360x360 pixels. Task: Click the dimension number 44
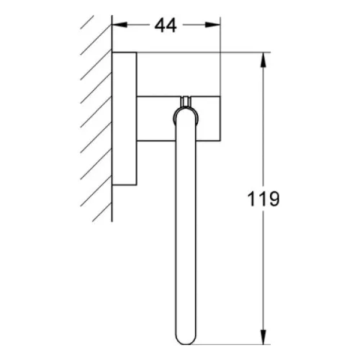(x=166, y=25)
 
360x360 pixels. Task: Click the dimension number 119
(x=264, y=199)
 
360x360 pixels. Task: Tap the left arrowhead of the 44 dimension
(x=120, y=24)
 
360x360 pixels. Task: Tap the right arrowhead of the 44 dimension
(x=212, y=24)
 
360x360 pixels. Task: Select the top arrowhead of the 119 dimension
(x=264, y=60)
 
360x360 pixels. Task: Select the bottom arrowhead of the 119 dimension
(x=264, y=337)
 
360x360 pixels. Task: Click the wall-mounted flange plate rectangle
(x=125, y=119)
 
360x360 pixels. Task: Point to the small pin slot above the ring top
(x=186, y=102)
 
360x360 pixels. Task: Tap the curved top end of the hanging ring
(x=186, y=111)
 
